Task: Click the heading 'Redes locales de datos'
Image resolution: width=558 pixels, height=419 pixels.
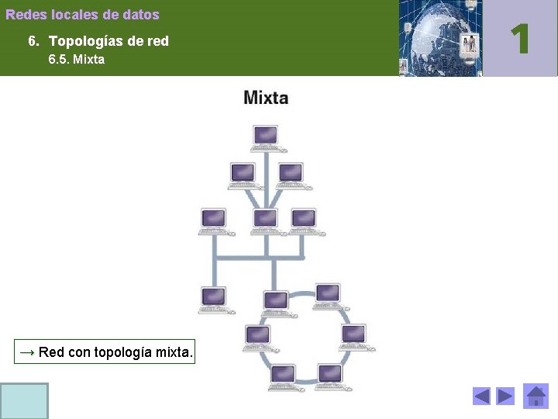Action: tap(82, 15)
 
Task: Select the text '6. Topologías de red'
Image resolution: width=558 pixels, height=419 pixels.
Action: tap(98, 41)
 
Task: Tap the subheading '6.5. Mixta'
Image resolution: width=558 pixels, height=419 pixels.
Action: tap(76, 60)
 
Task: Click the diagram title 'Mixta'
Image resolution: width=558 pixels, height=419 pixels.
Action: tap(266, 98)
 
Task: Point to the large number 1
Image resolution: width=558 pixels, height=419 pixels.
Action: tap(520, 38)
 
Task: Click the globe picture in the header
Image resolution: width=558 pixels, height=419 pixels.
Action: tap(439, 38)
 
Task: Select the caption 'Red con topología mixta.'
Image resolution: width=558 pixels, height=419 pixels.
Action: tap(105, 352)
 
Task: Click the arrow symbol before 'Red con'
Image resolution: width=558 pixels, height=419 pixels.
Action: tap(27, 352)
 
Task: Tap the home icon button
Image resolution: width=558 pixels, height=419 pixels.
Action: tap(536, 396)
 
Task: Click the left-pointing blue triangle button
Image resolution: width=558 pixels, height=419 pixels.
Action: tap(481, 396)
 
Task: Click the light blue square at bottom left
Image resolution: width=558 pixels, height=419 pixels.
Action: tap(24, 400)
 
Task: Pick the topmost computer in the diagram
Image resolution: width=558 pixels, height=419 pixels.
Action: tap(265, 138)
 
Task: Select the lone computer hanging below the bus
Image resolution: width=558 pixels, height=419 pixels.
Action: tap(213, 300)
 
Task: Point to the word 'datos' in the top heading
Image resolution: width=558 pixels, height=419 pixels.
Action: tap(141, 15)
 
